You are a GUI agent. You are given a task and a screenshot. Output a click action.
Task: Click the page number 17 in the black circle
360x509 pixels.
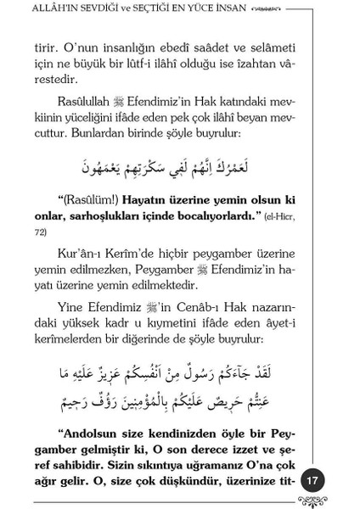coord(312,480)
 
